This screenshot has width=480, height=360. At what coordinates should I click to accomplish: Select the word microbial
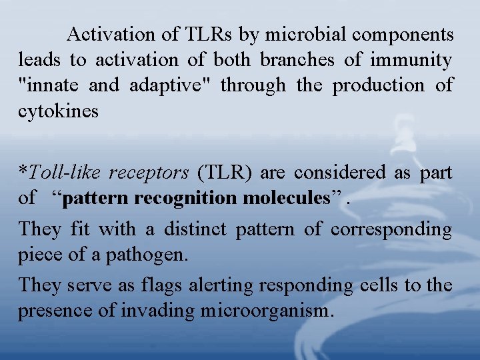[x=308, y=34]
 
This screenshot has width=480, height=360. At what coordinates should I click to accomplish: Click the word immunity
[x=412, y=60]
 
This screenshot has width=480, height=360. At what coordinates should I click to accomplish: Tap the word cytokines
[x=58, y=112]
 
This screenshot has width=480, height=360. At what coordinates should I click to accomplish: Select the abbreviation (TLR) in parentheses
[x=225, y=173]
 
